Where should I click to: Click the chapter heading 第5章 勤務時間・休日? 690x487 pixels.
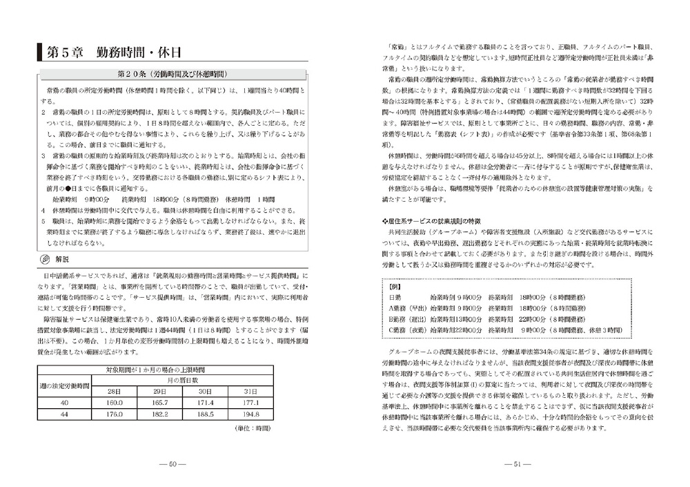click(114, 52)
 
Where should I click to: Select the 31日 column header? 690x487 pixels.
click(250, 391)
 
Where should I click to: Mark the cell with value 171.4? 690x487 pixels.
click(204, 402)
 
